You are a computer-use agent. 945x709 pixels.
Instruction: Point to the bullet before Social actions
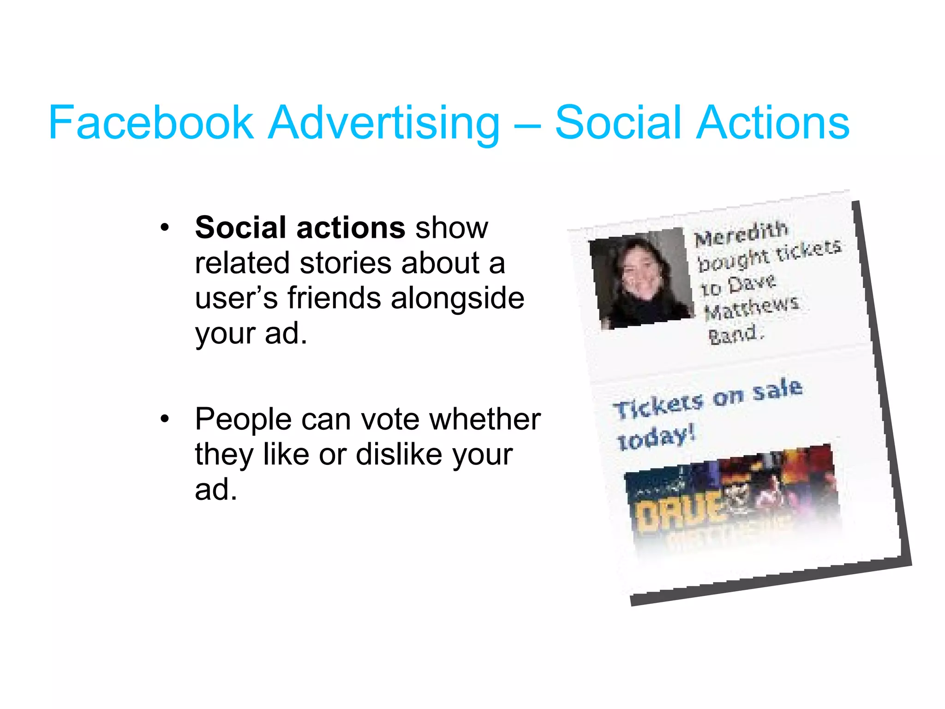[x=164, y=228]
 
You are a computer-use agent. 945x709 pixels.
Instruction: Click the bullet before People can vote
[x=164, y=419]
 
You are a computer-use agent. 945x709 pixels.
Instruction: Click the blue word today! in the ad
[x=656, y=438]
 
